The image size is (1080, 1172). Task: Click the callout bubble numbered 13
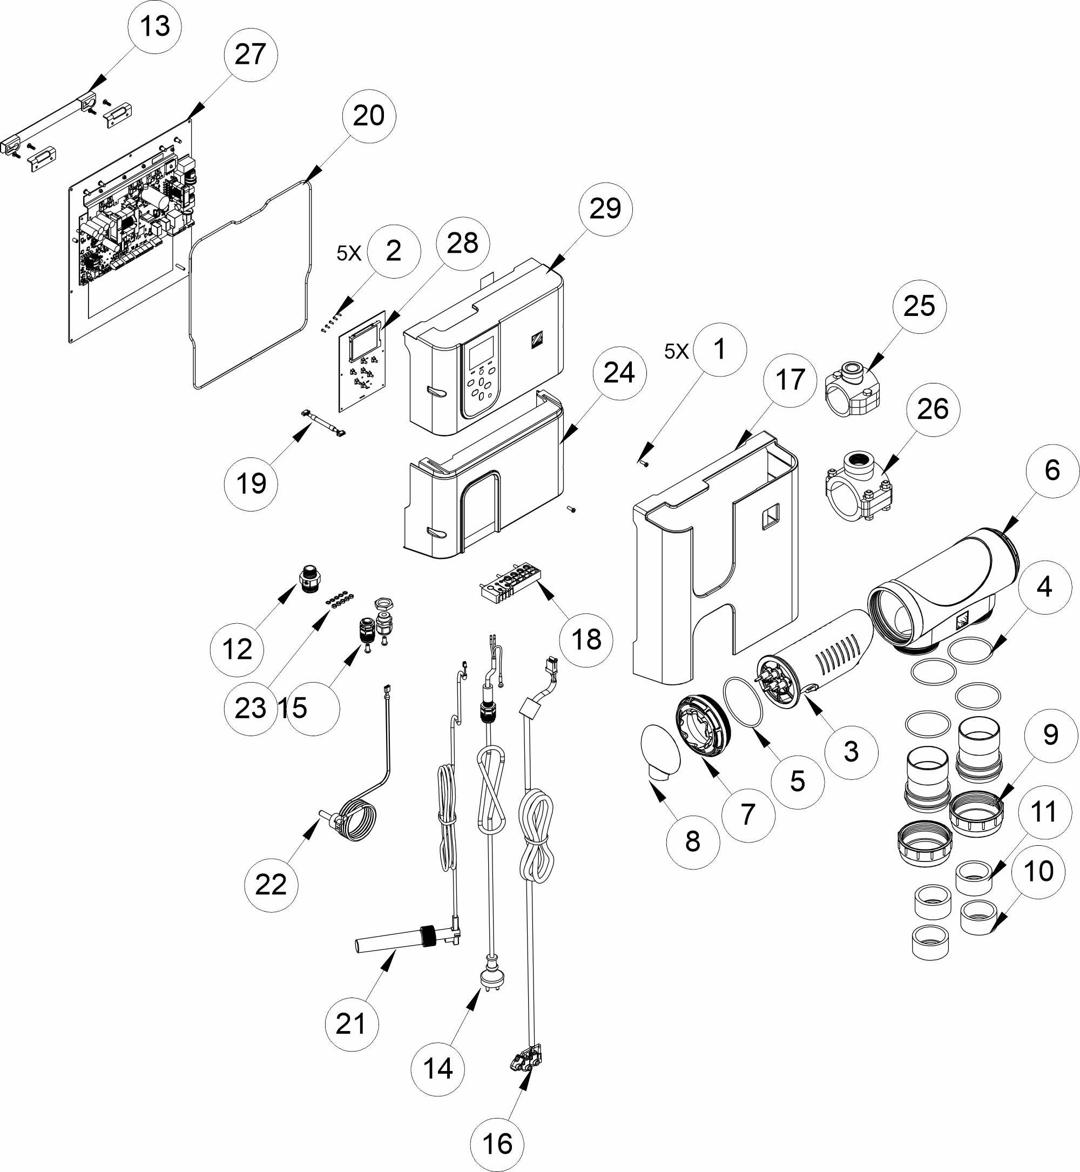(x=155, y=27)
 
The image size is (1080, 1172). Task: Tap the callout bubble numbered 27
(x=250, y=56)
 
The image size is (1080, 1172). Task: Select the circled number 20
(x=369, y=116)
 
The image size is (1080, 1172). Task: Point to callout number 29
(x=605, y=209)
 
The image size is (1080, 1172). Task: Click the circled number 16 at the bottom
(x=497, y=1144)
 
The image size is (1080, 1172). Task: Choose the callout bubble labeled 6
(x=1051, y=470)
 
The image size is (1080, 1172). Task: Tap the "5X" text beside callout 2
(x=348, y=253)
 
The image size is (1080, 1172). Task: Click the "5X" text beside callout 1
(x=676, y=351)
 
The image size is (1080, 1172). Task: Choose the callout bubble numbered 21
(x=351, y=1023)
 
